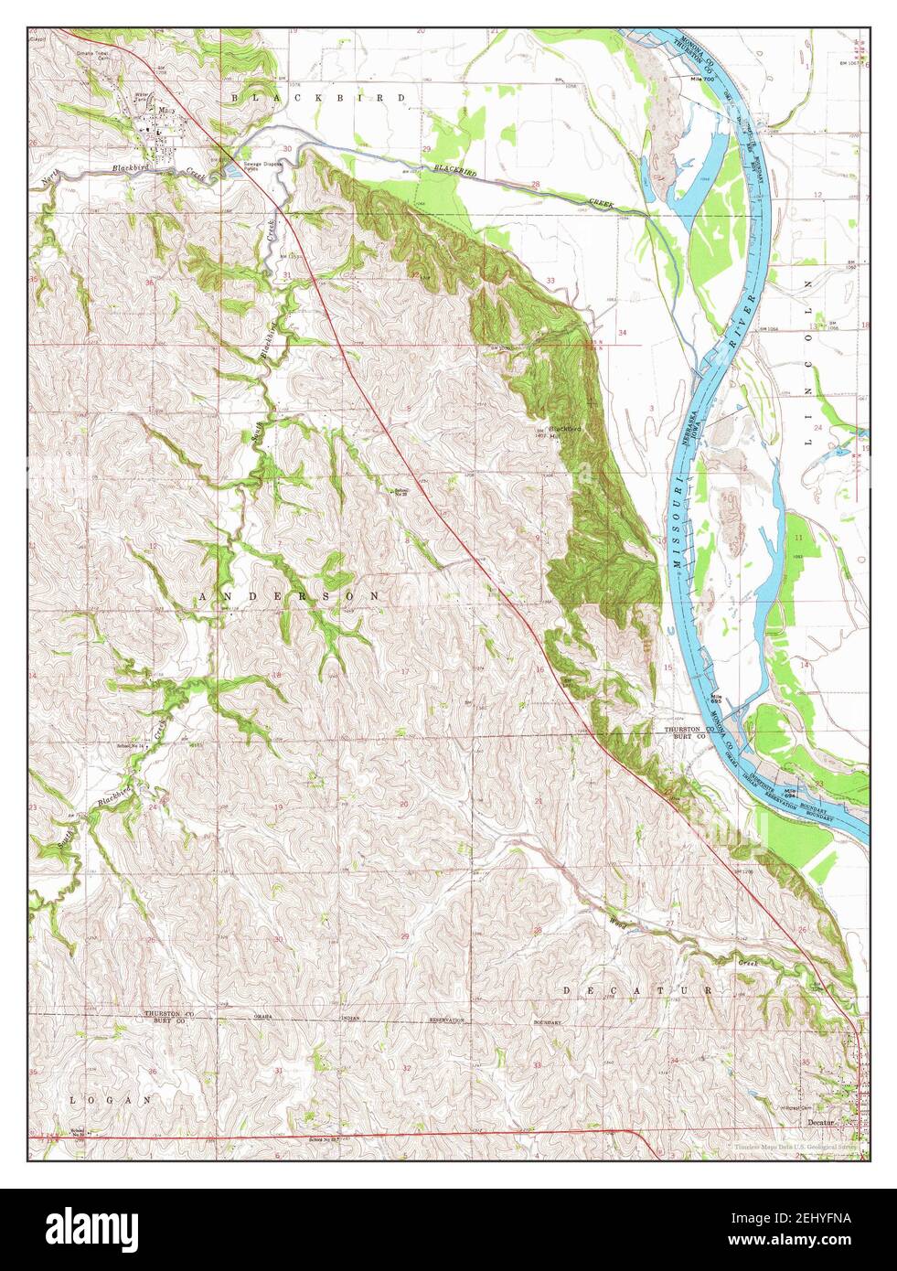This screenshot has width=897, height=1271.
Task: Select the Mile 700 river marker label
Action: click(x=701, y=80)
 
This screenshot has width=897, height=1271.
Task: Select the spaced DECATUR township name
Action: click(x=636, y=990)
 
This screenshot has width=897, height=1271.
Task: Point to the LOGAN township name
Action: click(x=109, y=1100)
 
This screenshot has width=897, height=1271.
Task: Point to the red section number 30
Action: click(x=286, y=148)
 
